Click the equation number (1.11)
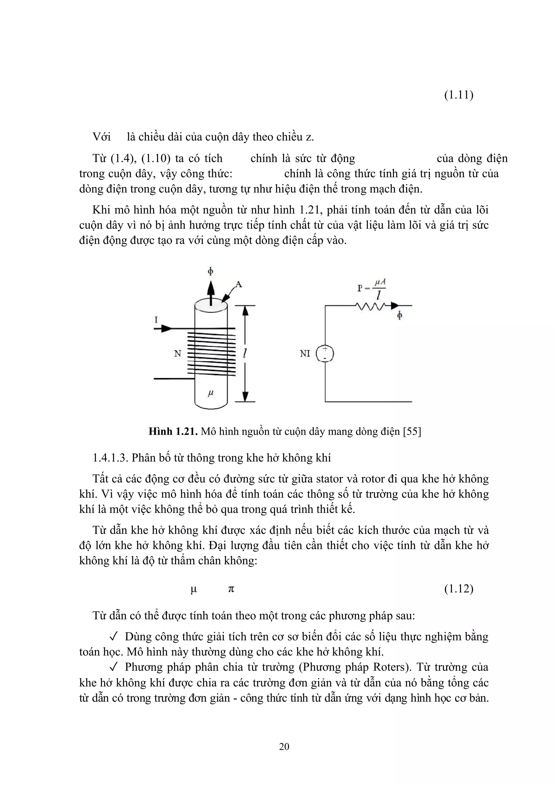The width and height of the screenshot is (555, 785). [459, 95]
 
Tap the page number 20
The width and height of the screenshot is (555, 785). [284, 746]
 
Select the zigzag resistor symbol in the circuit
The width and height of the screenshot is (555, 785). [371, 305]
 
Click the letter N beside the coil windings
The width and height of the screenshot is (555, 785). [177, 353]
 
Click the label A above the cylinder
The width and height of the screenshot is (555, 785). [238, 284]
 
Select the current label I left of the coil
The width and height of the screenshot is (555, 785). [156, 320]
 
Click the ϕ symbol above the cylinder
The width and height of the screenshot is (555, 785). [211, 271]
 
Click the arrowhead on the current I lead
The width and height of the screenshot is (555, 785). [167, 329]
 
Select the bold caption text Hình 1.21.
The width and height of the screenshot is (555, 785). [173, 432]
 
